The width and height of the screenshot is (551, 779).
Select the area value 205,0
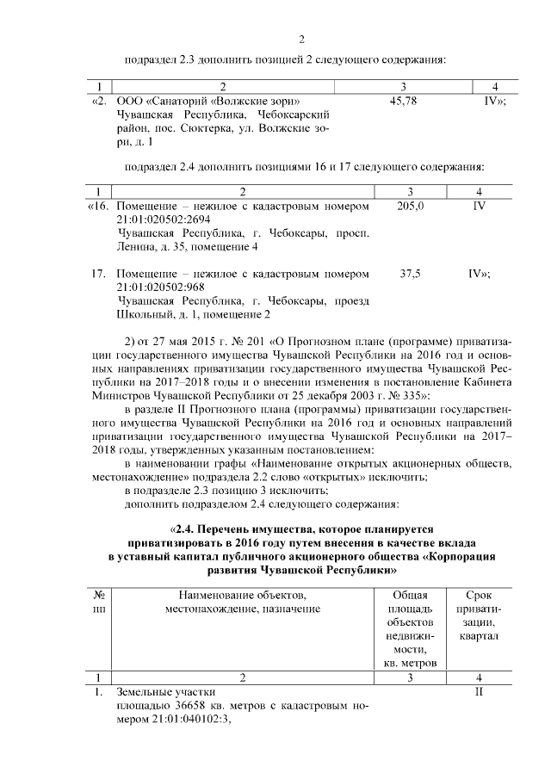tap(411, 207)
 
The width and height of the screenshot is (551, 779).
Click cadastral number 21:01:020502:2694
tap(163, 219)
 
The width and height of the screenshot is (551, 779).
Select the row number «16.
tap(99, 207)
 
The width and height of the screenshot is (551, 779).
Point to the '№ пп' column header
tap(99, 603)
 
